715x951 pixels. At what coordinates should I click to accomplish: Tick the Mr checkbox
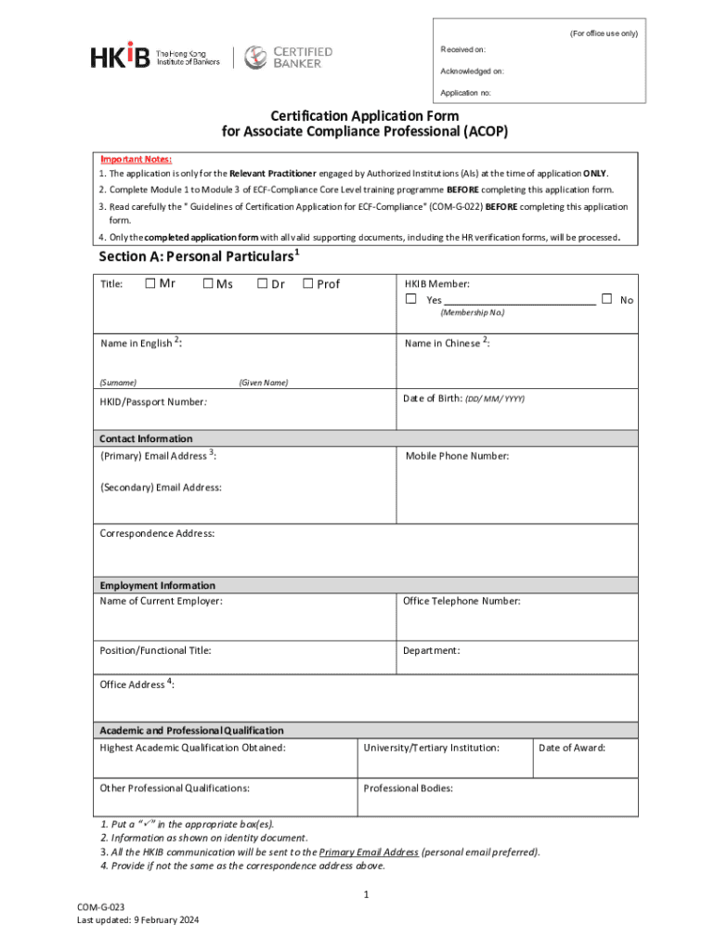tap(150, 283)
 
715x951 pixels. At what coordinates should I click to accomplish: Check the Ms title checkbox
tap(208, 283)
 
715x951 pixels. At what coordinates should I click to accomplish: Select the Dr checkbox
tap(263, 283)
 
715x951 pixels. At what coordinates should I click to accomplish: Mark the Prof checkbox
tap(308, 283)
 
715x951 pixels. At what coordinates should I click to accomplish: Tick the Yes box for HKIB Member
tap(410, 299)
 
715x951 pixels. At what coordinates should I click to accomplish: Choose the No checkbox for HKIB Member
tap(606, 299)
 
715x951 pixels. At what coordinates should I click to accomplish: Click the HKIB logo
tap(121, 57)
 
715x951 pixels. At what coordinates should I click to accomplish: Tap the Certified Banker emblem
tap(256, 58)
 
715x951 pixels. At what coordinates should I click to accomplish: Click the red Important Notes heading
tap(136, 159)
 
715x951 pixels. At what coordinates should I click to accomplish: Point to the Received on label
tap(462, 48)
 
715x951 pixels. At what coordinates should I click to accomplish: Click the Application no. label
tap(466, 93)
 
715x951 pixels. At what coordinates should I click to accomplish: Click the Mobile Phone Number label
tap(457, 456)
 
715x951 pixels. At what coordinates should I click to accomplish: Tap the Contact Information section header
tap(147, 438)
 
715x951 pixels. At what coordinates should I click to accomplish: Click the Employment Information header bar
tap(158, 585)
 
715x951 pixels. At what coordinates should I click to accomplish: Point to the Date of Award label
tap(572, 748)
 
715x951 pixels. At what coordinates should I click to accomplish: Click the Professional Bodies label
tap(409, 788)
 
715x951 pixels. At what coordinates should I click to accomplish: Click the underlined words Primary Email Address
tap(369, 853)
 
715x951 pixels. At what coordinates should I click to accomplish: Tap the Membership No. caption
tap(473, 312)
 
